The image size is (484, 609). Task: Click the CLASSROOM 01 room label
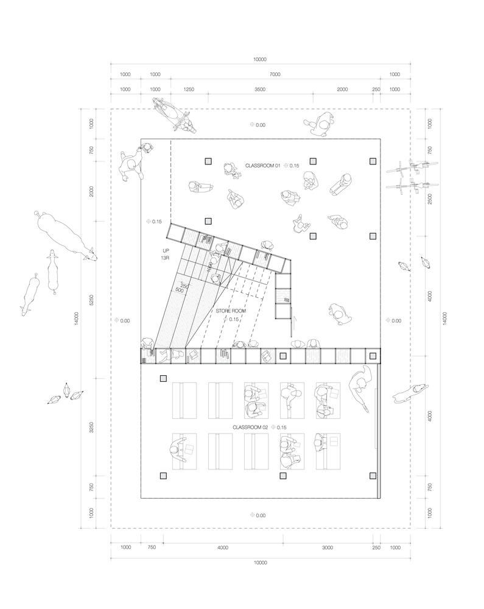tap(262, 166)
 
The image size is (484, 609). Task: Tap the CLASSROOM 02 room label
tap(250, 428)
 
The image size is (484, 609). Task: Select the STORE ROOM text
tap(230, 311)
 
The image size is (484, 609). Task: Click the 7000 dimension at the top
tap(275, 74)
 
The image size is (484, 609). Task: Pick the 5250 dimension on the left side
tap(91, 300)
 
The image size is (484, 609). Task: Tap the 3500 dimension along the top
tap(260, 90)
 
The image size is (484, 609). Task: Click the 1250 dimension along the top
tap(188, 90)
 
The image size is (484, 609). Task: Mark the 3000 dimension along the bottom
tap(328, 548)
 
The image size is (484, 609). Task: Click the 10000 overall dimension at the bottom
tap(260, 563)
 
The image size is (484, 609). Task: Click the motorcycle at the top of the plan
tap(175, 116)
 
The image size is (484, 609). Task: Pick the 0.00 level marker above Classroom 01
tap(257, 125)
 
